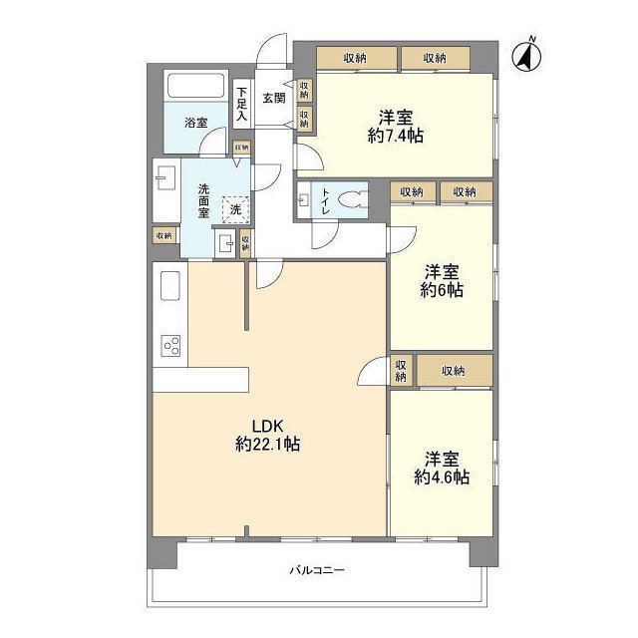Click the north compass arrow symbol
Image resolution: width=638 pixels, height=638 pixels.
point(526,56)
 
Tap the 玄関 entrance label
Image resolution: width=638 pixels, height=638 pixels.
point(273,98)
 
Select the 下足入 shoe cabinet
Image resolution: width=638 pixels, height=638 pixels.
point(241,104)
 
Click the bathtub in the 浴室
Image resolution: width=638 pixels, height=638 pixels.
point(195,85)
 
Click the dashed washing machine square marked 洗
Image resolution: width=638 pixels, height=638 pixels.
point(235,210)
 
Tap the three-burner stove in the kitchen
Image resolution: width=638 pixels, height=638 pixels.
point(170,346)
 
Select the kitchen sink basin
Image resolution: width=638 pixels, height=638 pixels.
point(170,285)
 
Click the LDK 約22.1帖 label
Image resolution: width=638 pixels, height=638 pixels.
point(268,435)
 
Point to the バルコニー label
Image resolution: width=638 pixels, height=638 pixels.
point(317,569)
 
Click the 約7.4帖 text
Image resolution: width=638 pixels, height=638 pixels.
point(396,136)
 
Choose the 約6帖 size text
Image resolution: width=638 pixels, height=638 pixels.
point(442,290)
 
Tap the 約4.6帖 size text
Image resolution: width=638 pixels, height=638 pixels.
point(442,477)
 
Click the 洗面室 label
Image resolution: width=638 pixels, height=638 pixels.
point(203,200)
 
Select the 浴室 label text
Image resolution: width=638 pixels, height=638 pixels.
point(196,122)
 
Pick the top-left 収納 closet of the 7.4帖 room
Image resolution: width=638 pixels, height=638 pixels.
point(357,58)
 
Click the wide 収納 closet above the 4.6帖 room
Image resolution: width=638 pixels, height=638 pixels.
point(455,371)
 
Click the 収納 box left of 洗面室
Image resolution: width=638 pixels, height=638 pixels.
point(164,235)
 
